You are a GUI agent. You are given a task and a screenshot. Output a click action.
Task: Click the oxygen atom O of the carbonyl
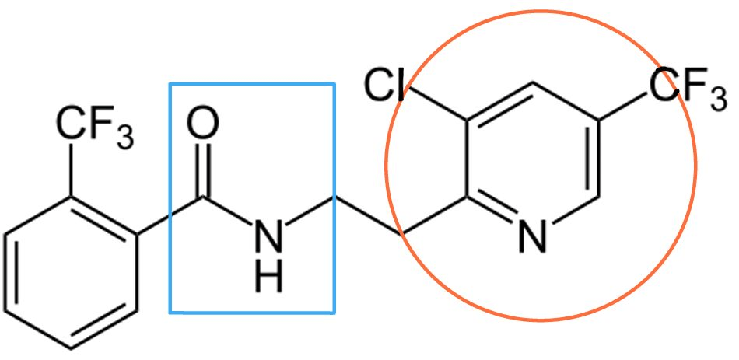click(x=203, y=124)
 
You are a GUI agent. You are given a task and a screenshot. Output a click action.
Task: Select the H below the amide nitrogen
click(x=268, y=277)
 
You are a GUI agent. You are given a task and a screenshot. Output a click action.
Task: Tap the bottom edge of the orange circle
click(x=541, y=320)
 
